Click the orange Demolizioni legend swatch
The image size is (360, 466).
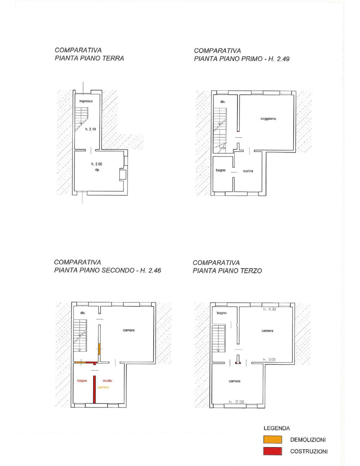pyautogui.click(x=273, y=439)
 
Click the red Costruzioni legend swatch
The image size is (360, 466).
pyautogui.click(x=273, y=451)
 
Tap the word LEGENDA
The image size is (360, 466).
pyautogui.click(x=277, y=428)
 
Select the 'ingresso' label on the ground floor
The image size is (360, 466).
pyautogui.click(x=86, y=101)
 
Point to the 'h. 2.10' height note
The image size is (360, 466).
pyautogui.click(x=91, y=129)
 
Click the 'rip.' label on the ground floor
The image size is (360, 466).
pyautogui.click(x=98, y=170)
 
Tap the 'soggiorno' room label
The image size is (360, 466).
pyautogui.click(x=268, y=119)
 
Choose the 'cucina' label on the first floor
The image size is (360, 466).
pyautogui.click(x=248, y=171)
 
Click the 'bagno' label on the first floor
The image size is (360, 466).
pyautogui.click(x=221, y=170)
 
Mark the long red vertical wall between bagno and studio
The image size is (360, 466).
pyautogui.click(x=94, y=390)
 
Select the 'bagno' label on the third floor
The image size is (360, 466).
pyautogui.click(x=221, y=313)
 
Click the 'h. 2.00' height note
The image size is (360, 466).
pyautogui.click(x=97, y=164)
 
